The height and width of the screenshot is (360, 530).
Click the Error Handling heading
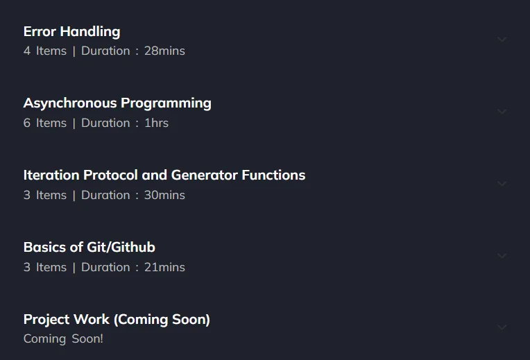(x=71, y=32)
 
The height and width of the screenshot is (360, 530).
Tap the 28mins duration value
(x=164, y=51)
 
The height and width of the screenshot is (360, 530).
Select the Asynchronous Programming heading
(x=117, y=103)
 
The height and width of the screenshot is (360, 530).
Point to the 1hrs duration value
(x=156, y=123)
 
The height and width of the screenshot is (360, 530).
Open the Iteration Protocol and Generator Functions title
(x=164, y=175)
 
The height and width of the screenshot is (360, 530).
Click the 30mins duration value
(x=164, y=195)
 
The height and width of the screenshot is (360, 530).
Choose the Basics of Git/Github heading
(x=89, y=247)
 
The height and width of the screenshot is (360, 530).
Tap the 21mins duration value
(x=164, y=267)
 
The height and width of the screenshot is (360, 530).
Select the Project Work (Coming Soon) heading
(x=117, y=320)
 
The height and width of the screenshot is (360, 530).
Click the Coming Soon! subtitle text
(x=63, y=338)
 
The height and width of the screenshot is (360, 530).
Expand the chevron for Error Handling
(x=502, y=40)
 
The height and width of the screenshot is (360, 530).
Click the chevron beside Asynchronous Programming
(x=502, y=112)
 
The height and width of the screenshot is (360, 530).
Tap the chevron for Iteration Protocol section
(x=502, y=184)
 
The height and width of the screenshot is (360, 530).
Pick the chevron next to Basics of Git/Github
(x=502, y=255)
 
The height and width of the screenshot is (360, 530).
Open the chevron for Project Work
(x=502, y=327)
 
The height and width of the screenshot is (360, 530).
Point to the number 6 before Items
(x=27, y=123)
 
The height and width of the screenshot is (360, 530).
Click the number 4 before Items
(x=27, y=51)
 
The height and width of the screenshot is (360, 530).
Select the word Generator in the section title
(x=205, y=175)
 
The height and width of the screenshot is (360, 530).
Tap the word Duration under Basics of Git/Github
(x=105, y=267)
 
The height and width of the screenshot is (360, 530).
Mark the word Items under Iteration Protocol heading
(x=51, y=195)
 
